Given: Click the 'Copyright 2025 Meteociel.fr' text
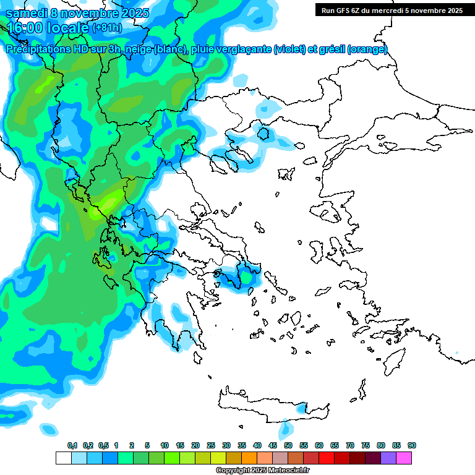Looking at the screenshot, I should click(263, 471).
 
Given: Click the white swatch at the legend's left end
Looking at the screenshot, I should click(63, 458).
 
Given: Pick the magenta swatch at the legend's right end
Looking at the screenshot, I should click(404, 458).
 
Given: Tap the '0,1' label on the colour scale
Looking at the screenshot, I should click(72, 445).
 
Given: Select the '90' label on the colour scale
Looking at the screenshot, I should click(412, 445).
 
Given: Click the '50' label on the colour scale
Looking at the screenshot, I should click(288, 445).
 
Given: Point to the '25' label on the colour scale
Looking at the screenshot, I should click(211, 445).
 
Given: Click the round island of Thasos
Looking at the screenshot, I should click(264, 134).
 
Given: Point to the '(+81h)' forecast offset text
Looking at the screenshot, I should click(107, 28).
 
